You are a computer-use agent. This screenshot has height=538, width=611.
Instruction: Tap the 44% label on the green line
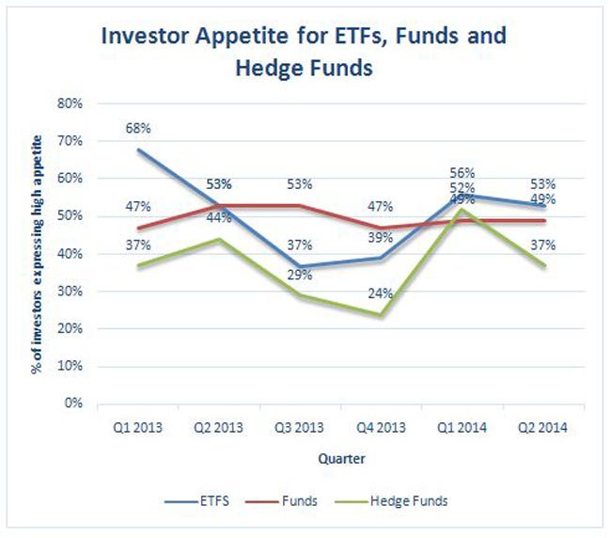click(220, 217)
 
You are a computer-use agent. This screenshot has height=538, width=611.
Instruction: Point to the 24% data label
click(380, 293)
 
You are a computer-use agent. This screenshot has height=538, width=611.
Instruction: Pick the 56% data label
click(462, 173)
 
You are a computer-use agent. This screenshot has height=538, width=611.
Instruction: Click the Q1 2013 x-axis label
click(138, 426)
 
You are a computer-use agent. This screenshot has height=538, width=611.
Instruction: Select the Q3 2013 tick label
click(301, 426)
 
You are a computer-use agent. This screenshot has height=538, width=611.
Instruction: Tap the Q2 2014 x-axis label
click(542, 426)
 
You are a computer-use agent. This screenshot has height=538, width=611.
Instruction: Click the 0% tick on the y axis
click(74, 403)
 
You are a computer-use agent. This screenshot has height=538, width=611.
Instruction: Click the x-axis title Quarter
click(340, 460)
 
